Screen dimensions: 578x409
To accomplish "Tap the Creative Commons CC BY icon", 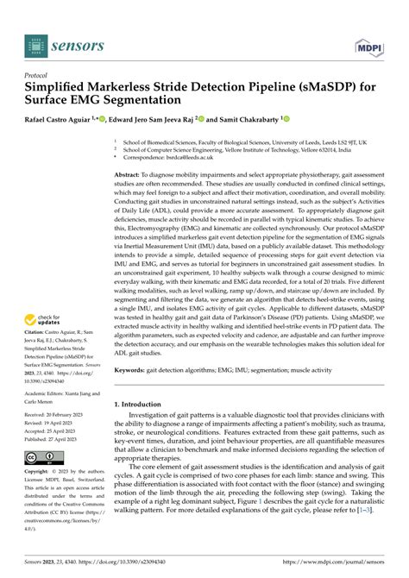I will (43, 457).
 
